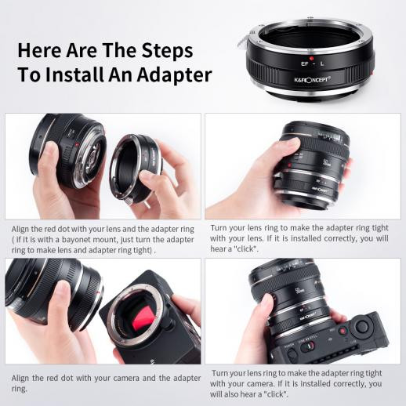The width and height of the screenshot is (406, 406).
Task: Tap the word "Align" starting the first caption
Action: (24, 228)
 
